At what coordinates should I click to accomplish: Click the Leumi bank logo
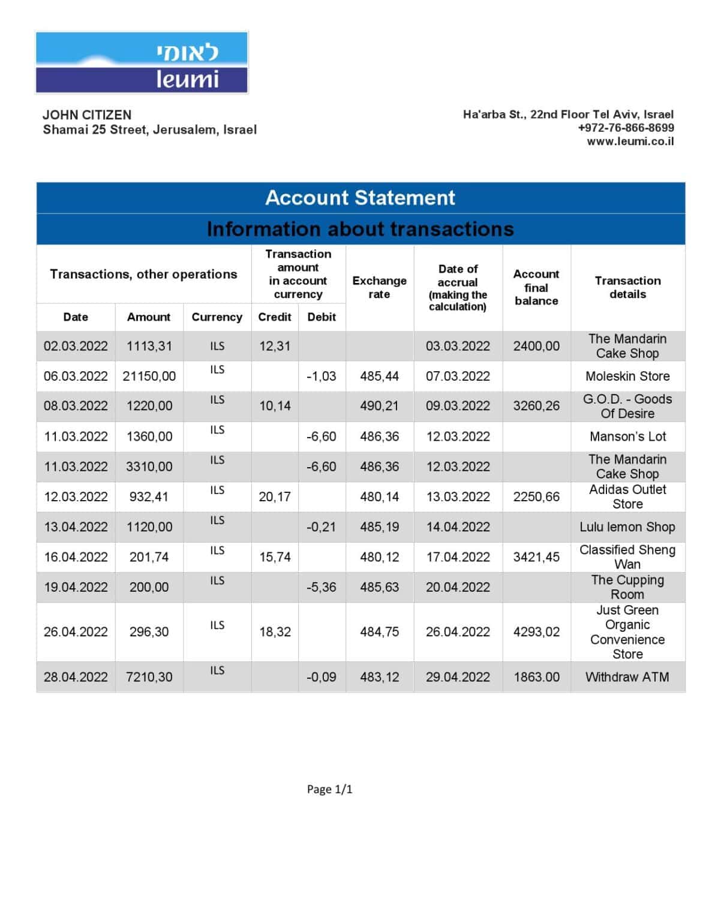pyautogui.click(x=142, y=62)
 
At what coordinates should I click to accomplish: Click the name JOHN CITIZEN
pyautogui.click(x=87, y=115)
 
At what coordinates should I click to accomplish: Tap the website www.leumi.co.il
pyautogui.click(x=630, y=142)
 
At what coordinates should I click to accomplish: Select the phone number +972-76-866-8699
pyautogui.click(x=626, y=128)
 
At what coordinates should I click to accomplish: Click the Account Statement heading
pyautogui.click(x=360, y=197)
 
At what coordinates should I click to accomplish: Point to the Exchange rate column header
pyautogui.click(x=379, y=287)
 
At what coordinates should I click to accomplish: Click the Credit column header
pyautogui.click(x=275, y=317)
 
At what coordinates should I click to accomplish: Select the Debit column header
pyautogui.click(x=322, y=317)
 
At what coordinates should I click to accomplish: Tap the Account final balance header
pyautogui.click(x=536, y=287)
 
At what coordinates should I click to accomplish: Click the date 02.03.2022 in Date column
pyautogui.click(x=76, y=346)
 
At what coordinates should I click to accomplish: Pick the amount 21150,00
pyautogui.click(x=149, y=376)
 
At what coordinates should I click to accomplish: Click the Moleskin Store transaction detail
pyautogui.click(x=627, y=376)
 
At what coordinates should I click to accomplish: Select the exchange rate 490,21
pyautogui.click(x=379, y=406)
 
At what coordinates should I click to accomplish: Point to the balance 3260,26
pyautogui.click(x=536, y=406)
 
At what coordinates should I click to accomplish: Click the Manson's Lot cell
pyautogui.click(x=627, y=437)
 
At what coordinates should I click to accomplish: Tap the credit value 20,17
pyautogui.click(x=275, y=496)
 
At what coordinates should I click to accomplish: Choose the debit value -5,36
pyautogui.click(x=322, y=587)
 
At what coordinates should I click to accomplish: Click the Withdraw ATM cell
pyautogui.click(x=627, y=677)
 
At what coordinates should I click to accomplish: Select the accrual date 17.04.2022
pyautogui.click(x=458, y=557)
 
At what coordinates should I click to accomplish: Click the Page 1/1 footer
pyautogui.click(x=329, y=789)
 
